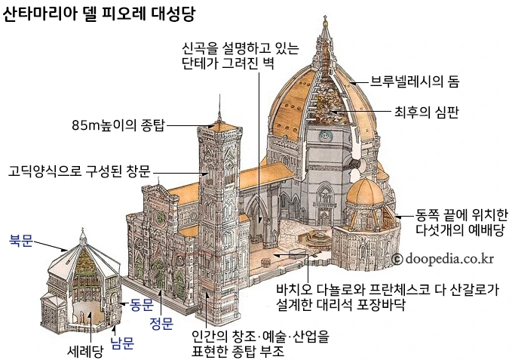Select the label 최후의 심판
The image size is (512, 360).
click(x=427, y=112)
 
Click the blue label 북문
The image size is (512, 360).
click(x=21, y=241)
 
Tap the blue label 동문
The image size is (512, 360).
click(x=141, y=305)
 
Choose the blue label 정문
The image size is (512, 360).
click(x=161, y=324)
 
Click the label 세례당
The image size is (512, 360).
click(x=84, y=350)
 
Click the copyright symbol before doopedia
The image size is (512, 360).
click(x=397, y=259)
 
